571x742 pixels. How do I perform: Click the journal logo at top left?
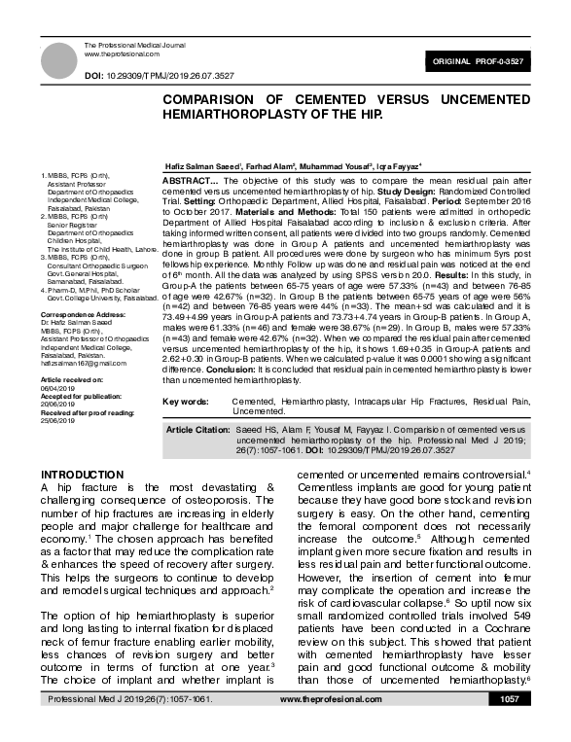coord(56,56)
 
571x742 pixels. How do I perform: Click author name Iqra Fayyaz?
coord(371,167)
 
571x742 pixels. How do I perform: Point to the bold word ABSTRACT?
coord(189,182)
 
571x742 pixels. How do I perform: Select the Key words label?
coord(187,400)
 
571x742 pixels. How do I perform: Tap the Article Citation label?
coord(200,429)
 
